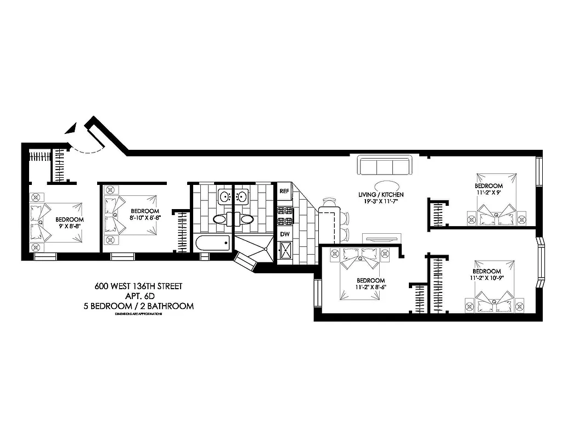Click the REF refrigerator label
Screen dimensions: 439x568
pyautogui.click(x=284, y=192)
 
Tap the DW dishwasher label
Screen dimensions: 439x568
pyautogui.click(x=284, y=234)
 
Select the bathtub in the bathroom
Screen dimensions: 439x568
pyautogui.click(x=212, y=243)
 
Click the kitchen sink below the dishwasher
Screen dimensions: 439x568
pyautogui.click(x=285, y=253)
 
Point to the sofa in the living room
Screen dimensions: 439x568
pyautogui.click(x=384, y=166)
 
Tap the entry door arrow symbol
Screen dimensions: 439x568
pyautogui.click(x=70, y=129)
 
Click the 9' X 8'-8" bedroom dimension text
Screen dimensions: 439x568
pyautogui.click(x=70, y=226)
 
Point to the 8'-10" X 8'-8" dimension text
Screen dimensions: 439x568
pyautogui.click(x=145, y=217)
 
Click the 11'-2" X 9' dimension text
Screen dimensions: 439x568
pyautogui.click(x=488, y=193)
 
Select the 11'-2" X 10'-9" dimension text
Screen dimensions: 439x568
pyautogui.click(x=487, y=278)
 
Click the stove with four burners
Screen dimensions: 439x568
pyautogui.click(x=285, y=216)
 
